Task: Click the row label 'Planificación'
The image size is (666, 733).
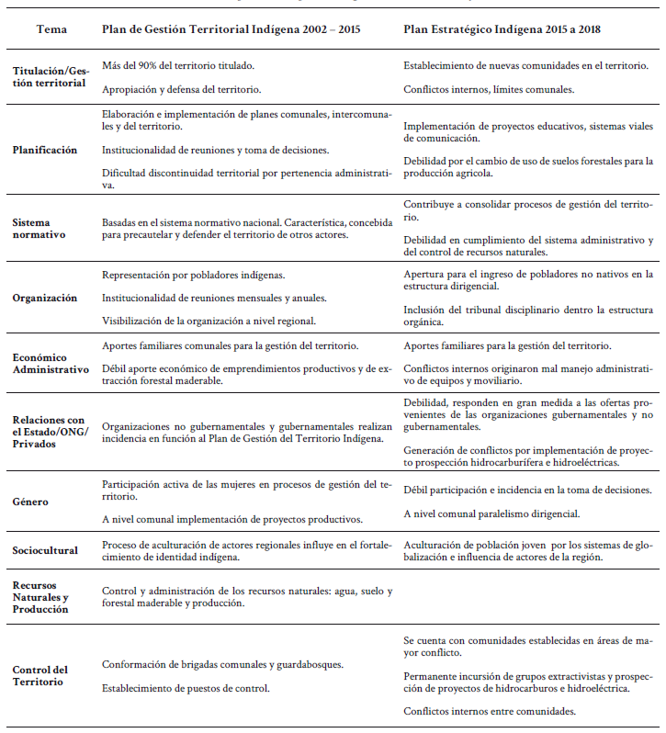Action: [45, 150]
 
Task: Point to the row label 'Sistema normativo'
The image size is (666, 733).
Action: [40, 229]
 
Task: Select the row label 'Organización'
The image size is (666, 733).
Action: [45, 298]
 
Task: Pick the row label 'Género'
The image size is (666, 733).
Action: [29, 502]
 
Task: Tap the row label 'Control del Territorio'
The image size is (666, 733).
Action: [40, 675]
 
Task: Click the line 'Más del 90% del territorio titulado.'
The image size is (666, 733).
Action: [178, 66]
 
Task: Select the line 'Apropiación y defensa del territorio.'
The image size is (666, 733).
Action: [181, 89]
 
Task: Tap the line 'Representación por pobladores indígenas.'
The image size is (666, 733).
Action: [192, 275]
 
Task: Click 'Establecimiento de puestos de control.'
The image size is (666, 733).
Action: [186, 687]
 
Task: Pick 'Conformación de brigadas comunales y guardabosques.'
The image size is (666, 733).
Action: [223, 664]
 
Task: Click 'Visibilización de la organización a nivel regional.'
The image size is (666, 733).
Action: [209, 321]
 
